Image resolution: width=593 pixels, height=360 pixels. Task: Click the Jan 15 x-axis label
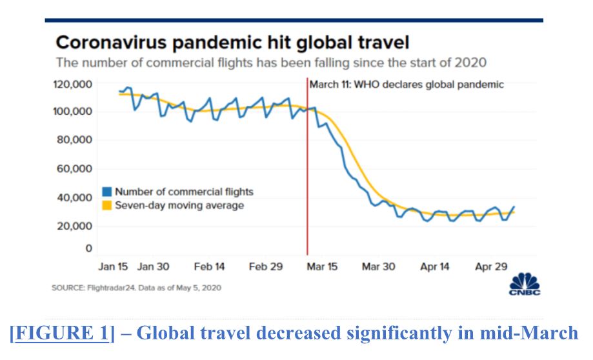click(112, 266)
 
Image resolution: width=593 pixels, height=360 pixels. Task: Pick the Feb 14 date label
click(209, 266)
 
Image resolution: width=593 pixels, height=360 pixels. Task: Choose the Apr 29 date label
click(492, 266)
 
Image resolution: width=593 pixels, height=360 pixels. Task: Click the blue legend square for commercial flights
click(107, 192)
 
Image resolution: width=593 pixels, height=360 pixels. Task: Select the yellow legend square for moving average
click(107, 205)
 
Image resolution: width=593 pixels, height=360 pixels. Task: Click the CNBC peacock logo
click(524, 285)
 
